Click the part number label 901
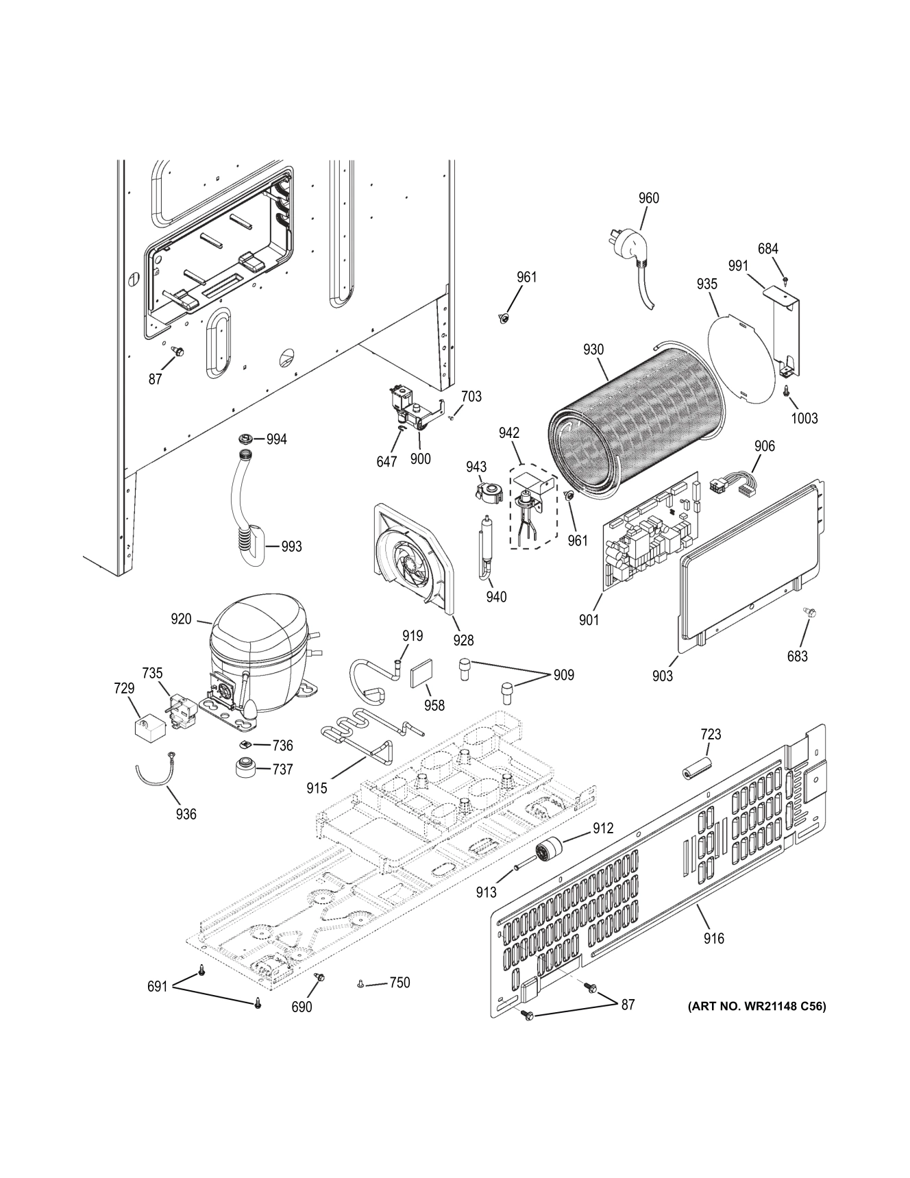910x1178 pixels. (x=589, y=619)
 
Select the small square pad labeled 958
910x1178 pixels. (x=421, y=675)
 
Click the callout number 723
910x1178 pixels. (x=711, y=734)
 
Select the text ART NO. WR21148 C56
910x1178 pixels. (x=757, y=1007)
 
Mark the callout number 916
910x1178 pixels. (x=713, y=938)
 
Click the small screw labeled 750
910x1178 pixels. (x=360, y=985)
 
